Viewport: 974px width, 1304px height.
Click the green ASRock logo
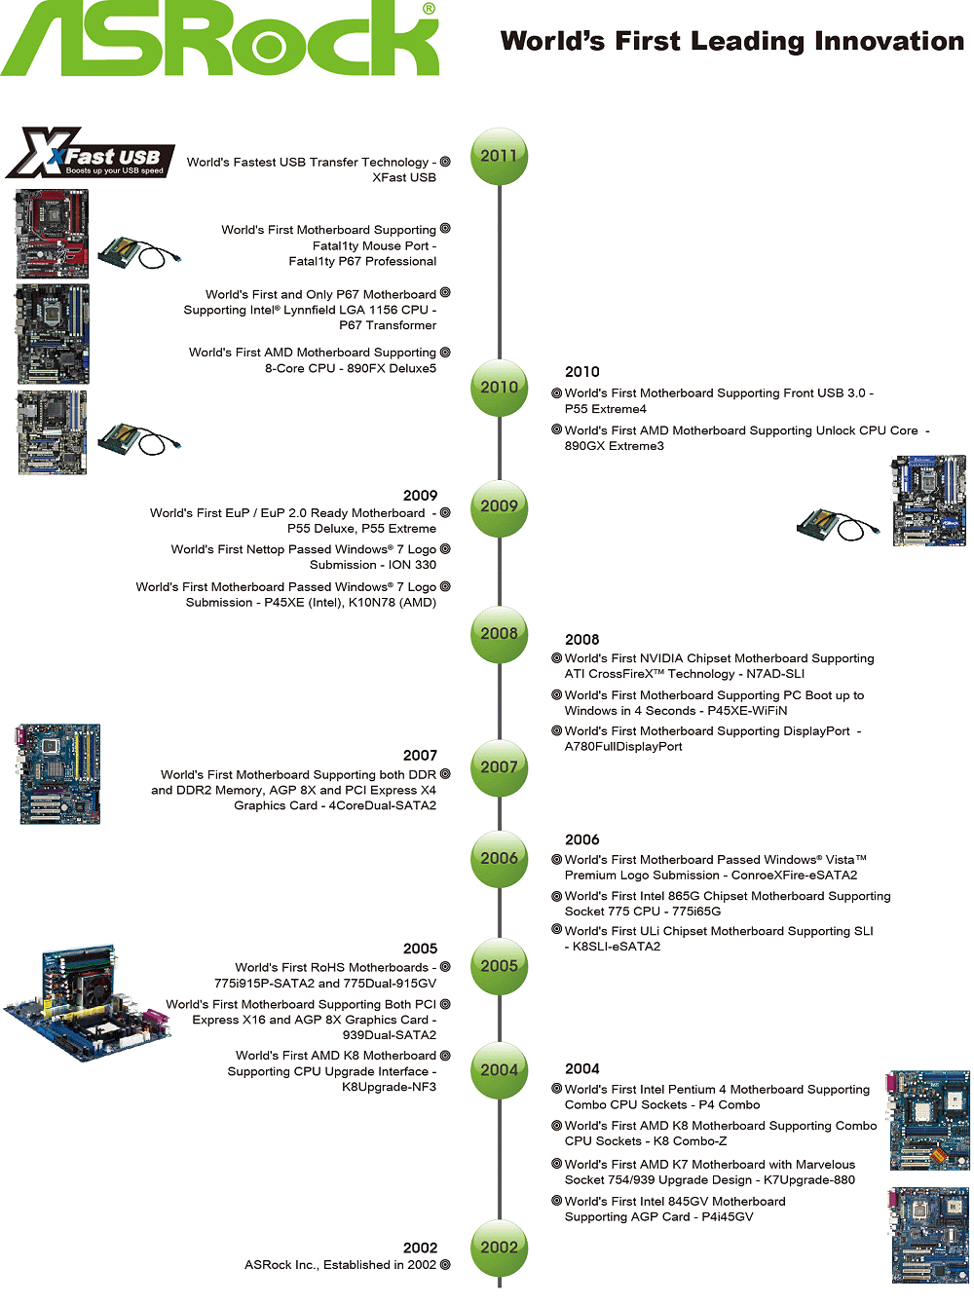[x=220, y=39]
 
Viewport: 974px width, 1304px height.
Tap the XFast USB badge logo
[x=91, y=154]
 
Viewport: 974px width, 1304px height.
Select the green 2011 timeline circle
[x=499, y=156]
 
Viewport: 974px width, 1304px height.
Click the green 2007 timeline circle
[x=499, y=767]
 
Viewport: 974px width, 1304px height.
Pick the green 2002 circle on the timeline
[x=499, y=1248]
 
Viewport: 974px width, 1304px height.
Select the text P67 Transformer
[x=388, y=325]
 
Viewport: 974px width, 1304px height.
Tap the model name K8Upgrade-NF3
[x=389, y=1087]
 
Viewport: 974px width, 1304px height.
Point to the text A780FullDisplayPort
[x=623, y=747]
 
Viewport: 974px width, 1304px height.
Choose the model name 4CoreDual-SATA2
[x=382, y=805]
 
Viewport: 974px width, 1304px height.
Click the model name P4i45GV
[x=723, y=1217]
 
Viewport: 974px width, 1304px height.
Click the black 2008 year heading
[x=581, y=640]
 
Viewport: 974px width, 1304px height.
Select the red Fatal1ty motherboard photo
[x=53, y=234]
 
